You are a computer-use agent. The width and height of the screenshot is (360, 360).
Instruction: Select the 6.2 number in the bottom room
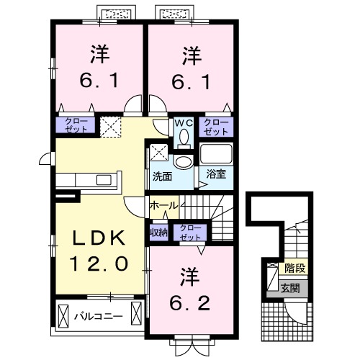[x=190, y=302]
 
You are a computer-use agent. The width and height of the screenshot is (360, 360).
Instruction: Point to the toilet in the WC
[x=183, y=135]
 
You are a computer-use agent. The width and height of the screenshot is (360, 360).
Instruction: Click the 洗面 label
[x=161, y=176]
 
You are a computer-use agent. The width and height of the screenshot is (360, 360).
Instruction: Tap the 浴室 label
[x=216, y=174]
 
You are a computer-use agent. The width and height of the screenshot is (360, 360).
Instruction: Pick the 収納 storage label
[x=159, y=232]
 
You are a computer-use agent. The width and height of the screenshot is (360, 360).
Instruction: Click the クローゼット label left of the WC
[x=76, y=125]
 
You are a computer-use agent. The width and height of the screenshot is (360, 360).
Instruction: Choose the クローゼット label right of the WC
[x=216, y=127]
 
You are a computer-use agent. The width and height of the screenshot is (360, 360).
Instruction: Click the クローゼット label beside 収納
[x=191, y=232]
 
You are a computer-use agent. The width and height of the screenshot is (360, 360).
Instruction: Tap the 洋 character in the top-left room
[x=101, y=53]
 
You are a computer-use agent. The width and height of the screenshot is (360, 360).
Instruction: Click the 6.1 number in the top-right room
[x=190, y=81]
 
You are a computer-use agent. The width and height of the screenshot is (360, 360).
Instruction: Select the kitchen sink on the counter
[x=101, y=179]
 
